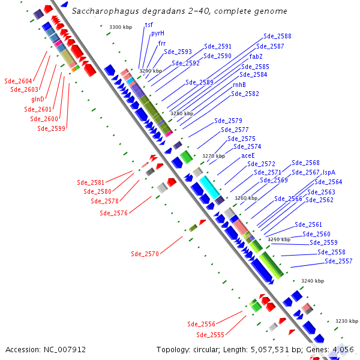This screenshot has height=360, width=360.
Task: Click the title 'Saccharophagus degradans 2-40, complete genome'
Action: pyautogui.click(x=179, y=11)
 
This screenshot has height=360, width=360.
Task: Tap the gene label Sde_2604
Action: pyautogui.click(x=18, y=81)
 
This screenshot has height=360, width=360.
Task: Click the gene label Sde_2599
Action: pyautogui.click(x=51, y=128)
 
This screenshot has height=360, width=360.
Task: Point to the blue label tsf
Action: pyautogui.click(x=149, y=25)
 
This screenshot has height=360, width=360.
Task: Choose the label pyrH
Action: pyautogui.click(x=157, y=34)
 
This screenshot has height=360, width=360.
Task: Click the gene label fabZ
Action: pyautogui.click(x=256, y=56)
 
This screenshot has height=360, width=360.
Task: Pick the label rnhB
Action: pyautogui.click(x=239, y=85)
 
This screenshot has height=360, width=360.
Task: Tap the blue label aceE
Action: pyautogui.click(x=248, y=155)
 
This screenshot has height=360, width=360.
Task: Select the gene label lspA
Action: pyautogui.click(x=329, y=172)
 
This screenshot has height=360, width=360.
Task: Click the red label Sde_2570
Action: pyautogui.click(x=145, y=254)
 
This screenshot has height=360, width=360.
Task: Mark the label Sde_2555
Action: pyautogui.click(x=210, y=335)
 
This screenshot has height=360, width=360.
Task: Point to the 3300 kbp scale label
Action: pyautogui.click(x=121, y=27)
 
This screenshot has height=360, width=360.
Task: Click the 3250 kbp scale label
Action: pyautogui.click(x=279, y=239)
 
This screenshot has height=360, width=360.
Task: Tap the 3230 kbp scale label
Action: pyautogui.click(x=346, y=321)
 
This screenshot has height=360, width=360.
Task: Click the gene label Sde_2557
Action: pyautogui.click(x=338, y=262)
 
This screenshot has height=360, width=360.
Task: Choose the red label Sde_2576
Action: pyautogui.click(x=113, y=213)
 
